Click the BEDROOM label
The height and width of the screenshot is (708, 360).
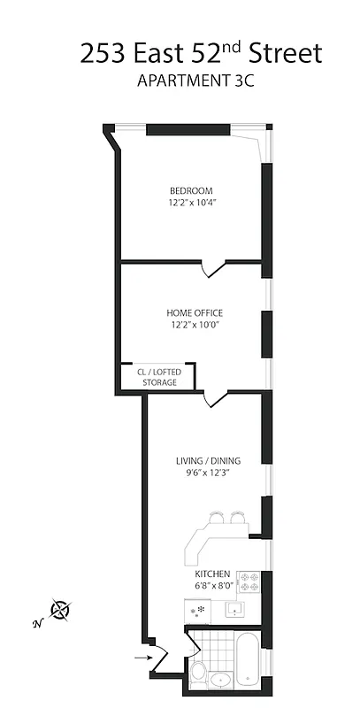tap(192, 190)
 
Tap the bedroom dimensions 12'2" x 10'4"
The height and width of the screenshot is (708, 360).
tap(192, 203)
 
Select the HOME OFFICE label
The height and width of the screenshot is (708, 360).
tap(195, 312)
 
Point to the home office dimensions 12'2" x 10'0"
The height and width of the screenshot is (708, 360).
tap(195, 325)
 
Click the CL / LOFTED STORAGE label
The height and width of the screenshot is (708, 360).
tap(157, 377)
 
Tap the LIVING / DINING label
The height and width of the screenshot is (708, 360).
tap(209, 460)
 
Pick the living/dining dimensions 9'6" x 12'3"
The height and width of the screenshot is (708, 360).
tap(209, 473)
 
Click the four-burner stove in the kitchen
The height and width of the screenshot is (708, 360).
tap(249, 583)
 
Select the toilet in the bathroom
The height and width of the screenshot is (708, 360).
tap(199, 672)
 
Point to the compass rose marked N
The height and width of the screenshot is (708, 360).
tap(60, 609)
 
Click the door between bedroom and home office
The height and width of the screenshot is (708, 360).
tap(209, 267)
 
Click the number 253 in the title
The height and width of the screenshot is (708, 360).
tap(104, 54)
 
